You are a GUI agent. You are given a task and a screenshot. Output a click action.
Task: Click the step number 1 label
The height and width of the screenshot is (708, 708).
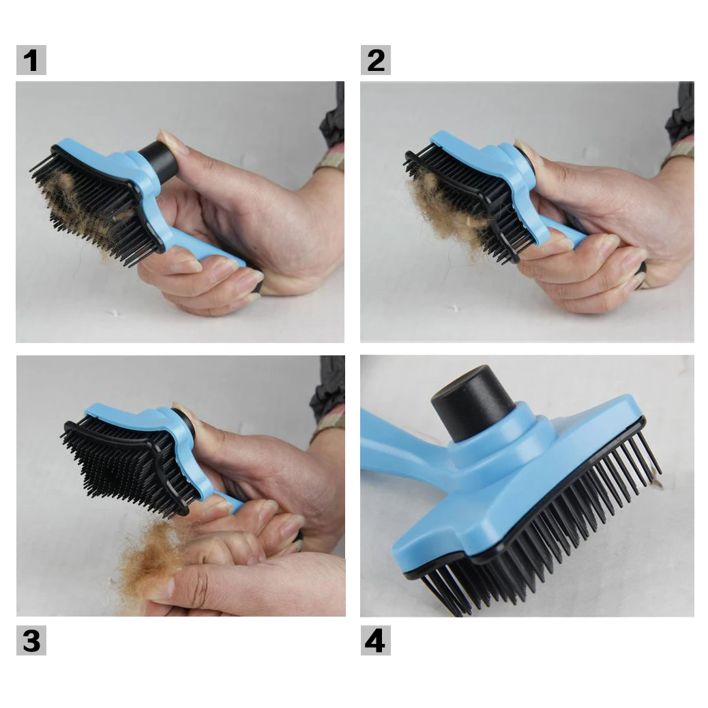tap(31, 60)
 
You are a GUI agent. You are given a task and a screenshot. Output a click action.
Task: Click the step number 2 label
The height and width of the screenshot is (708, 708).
tap(376, 60)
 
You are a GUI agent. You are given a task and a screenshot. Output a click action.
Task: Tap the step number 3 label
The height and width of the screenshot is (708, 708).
tap(31, 640)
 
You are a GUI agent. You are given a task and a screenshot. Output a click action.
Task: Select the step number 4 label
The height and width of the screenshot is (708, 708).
tap(376, 640)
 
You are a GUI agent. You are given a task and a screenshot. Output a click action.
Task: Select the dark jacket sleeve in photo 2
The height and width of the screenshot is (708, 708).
tap(681, 113)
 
